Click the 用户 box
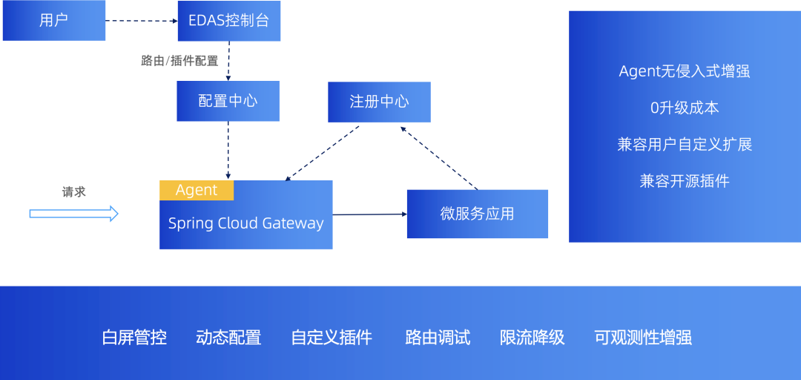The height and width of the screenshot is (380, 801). pyautogui.click(x=54, y=21)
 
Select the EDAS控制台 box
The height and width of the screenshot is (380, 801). pyautogui.click(x=229, y=21)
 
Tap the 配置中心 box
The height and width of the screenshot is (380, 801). pyautogui.click(x=228, y=101)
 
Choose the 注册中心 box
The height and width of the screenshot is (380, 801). pyautogui.click(x=379, y=102)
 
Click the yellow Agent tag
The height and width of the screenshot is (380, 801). pyautogui.click(x=197, y=190)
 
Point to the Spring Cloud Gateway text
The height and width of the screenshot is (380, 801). pyautogui.click(x=245, y=223)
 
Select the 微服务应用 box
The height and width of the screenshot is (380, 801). pyautogui.click(x=477, y=214)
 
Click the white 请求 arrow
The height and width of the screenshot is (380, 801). pyautogui.click(x=74, y=214)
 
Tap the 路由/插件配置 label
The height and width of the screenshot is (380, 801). pyautogui.click(x=179, y=61)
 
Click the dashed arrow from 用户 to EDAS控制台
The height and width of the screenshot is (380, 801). pyautogui.click(x=141, y=21)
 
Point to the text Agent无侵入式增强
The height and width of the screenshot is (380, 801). pyautogui.click(x=685, y=71)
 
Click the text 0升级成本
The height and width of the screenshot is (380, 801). pyautogui.click(x=685, y=108)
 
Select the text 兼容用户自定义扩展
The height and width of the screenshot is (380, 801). pyautogui.click(x=685, y=144)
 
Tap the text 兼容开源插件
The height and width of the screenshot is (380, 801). pyautogui.click(x=685, y=180)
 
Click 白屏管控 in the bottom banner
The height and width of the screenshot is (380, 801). pyautogui.click(x=134, y=338)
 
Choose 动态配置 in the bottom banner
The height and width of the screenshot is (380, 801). pyautogui.click(x=228, y=338)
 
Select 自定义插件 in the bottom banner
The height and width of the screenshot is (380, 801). pyautogui.click(x=332, y=338)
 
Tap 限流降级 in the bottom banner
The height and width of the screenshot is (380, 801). pyautogui.click(x=533, y=338)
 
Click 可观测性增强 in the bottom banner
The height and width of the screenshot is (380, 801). pyautogui.click(x=643, y=338)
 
